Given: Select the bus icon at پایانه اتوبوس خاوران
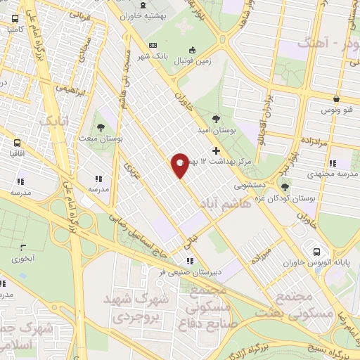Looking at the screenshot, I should [316, 252].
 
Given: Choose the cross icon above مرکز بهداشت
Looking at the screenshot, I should [216, 150].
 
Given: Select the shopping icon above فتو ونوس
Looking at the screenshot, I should [337, 99].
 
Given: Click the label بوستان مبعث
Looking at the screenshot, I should [101, 139].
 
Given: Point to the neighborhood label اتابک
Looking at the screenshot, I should [54, 122].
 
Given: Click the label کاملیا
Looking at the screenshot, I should [13, 31].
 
